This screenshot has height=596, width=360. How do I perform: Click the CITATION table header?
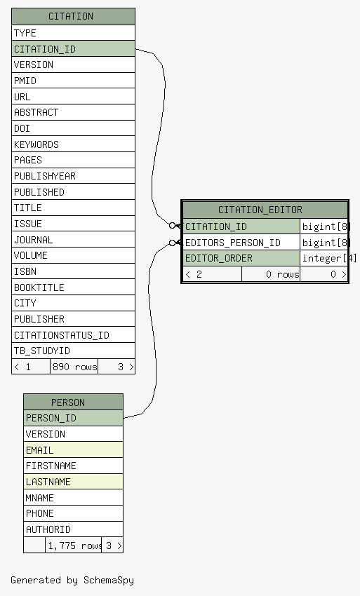pyautogui.click(x=73, y=16)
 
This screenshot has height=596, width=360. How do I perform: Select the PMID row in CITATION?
pyautogui.click(x=73, y=81)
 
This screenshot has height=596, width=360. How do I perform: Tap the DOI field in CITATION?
pyautogui.click(x=73, y=128)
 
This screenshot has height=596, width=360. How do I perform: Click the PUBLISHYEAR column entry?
pyautogui.click(x=73, y=176)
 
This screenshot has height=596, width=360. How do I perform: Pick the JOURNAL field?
pyautogui.click(x=73, y=240)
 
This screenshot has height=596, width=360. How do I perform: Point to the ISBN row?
pyautogui.click(x=73, y=271)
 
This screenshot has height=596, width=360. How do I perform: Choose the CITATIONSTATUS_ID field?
pyautogui.click(x=73, y=335)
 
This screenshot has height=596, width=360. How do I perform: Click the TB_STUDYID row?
pyautogui.click(x=73, y=351)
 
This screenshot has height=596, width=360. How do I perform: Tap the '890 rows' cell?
pyautogui.click(x=74, y=367)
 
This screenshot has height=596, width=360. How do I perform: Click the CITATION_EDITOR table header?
pyautogui.click(x=265, y=210)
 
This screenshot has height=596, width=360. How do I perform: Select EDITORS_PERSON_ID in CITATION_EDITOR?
pyautogui.click(x=241, y=242)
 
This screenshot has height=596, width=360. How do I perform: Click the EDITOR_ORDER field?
pyautogui.click(x=241, y=258)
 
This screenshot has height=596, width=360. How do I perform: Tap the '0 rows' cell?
pyautogui.click(x=271, y=274)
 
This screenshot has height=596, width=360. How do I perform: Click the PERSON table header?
pyautogui.click(x=73, y=402)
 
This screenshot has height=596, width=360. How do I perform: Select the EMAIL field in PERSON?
pyautogui.click(x=73, y=450)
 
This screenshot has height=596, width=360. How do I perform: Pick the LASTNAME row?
pyautogui.click(x=73, y=482)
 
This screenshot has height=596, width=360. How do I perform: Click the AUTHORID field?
pyautogui.click(x=73, y=529)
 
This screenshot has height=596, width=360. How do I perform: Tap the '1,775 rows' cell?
pyautogui.click(x=74, y=546)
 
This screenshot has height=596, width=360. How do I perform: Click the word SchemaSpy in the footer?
pyautogui.click(x=109, y=581)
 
